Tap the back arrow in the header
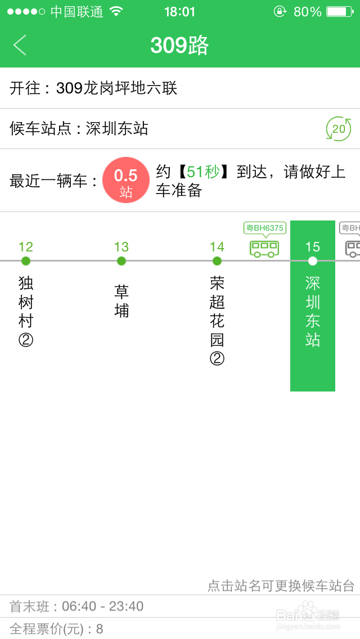coord(20,45)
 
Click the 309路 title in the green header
coord(179,45)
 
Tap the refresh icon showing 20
coord(339,129)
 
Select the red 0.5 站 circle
coord(126,180)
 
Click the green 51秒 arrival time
coord(203,172)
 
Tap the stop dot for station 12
coord(26,261)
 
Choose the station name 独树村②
coord(26,311)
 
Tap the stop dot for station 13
coord(121,261)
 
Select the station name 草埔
coord(121,301)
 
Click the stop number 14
coord(217,247)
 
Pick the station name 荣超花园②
coord(217,321)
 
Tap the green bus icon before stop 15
coord(264,248)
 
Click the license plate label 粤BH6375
coord(265,228)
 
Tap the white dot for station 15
coord(313,261)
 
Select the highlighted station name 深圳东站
coord(313,311)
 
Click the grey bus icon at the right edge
coord(353,248)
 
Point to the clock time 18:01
coord(180,12)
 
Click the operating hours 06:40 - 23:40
coord(102,606)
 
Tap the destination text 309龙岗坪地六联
coord(117,88)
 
